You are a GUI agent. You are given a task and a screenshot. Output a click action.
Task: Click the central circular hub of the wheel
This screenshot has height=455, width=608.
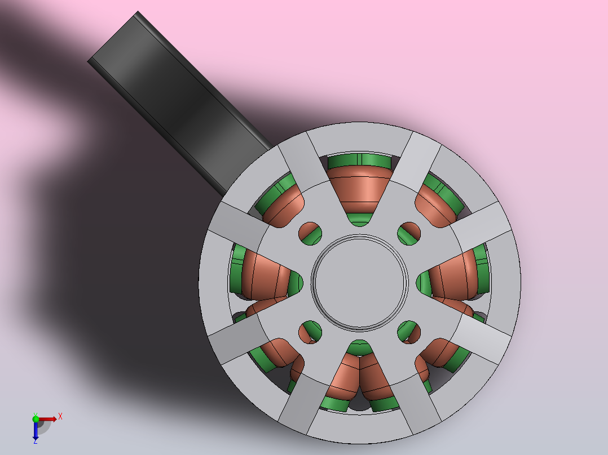click(x=360, y=283)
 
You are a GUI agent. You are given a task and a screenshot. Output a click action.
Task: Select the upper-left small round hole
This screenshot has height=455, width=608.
click(x=310, y=234)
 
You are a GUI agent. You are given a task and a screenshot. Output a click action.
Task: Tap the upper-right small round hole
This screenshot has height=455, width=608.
click(x=409, y=234)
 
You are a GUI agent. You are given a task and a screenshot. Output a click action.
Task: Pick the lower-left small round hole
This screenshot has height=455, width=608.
click(x=310, y=332)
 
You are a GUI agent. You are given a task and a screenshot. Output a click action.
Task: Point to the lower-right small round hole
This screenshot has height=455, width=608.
click(x=409, y=332)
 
